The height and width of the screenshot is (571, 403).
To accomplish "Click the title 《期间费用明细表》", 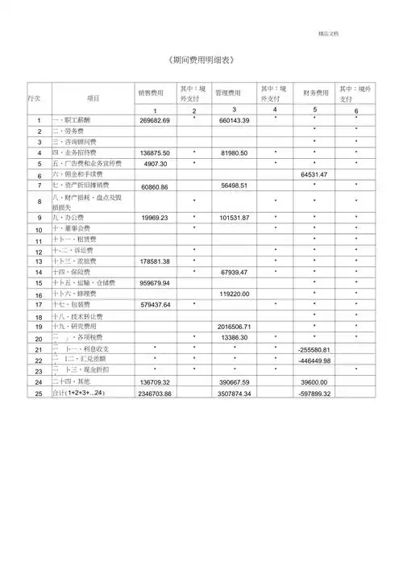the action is (201, 61).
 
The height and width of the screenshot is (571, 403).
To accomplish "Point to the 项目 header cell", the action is (93, 98).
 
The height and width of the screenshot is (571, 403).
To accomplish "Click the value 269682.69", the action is (154, 119).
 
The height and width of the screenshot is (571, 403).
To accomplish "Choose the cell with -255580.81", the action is (314, 348).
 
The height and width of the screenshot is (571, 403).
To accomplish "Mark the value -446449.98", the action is (314, 360).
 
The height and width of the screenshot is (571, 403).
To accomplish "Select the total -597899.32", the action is (314, 393).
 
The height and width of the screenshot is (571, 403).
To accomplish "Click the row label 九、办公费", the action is (68, 218).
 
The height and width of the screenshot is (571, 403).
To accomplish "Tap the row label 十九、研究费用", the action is (73, 327).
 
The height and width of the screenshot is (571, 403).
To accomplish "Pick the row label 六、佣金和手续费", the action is (77, 173).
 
